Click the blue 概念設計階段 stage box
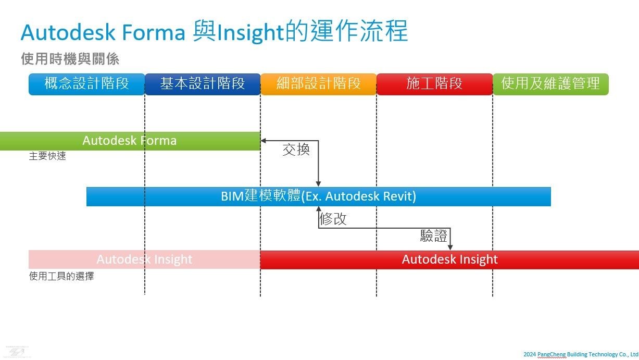point(87,84)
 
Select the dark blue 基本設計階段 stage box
point(203,84)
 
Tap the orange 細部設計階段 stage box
point(319,84)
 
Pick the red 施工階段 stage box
point(435,84)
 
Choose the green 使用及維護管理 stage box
point(551,84)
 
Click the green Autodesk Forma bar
point(130,141)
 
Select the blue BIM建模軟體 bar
point(319,197)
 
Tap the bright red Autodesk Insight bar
point(449,260)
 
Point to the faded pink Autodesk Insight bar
point(145,259)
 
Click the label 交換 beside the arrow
point(296,150)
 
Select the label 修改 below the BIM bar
point(333,219)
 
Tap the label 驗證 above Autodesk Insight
point(434,236)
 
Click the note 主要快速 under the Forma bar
point(47,156)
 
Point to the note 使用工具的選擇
point(61,276)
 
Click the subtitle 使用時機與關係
point(70,59)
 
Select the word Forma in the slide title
point(154,32)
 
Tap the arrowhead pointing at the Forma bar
point(264,141)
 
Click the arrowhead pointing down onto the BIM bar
point(318,184)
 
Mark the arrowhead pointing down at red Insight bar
point(450,247)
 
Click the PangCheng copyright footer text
point(581,354)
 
